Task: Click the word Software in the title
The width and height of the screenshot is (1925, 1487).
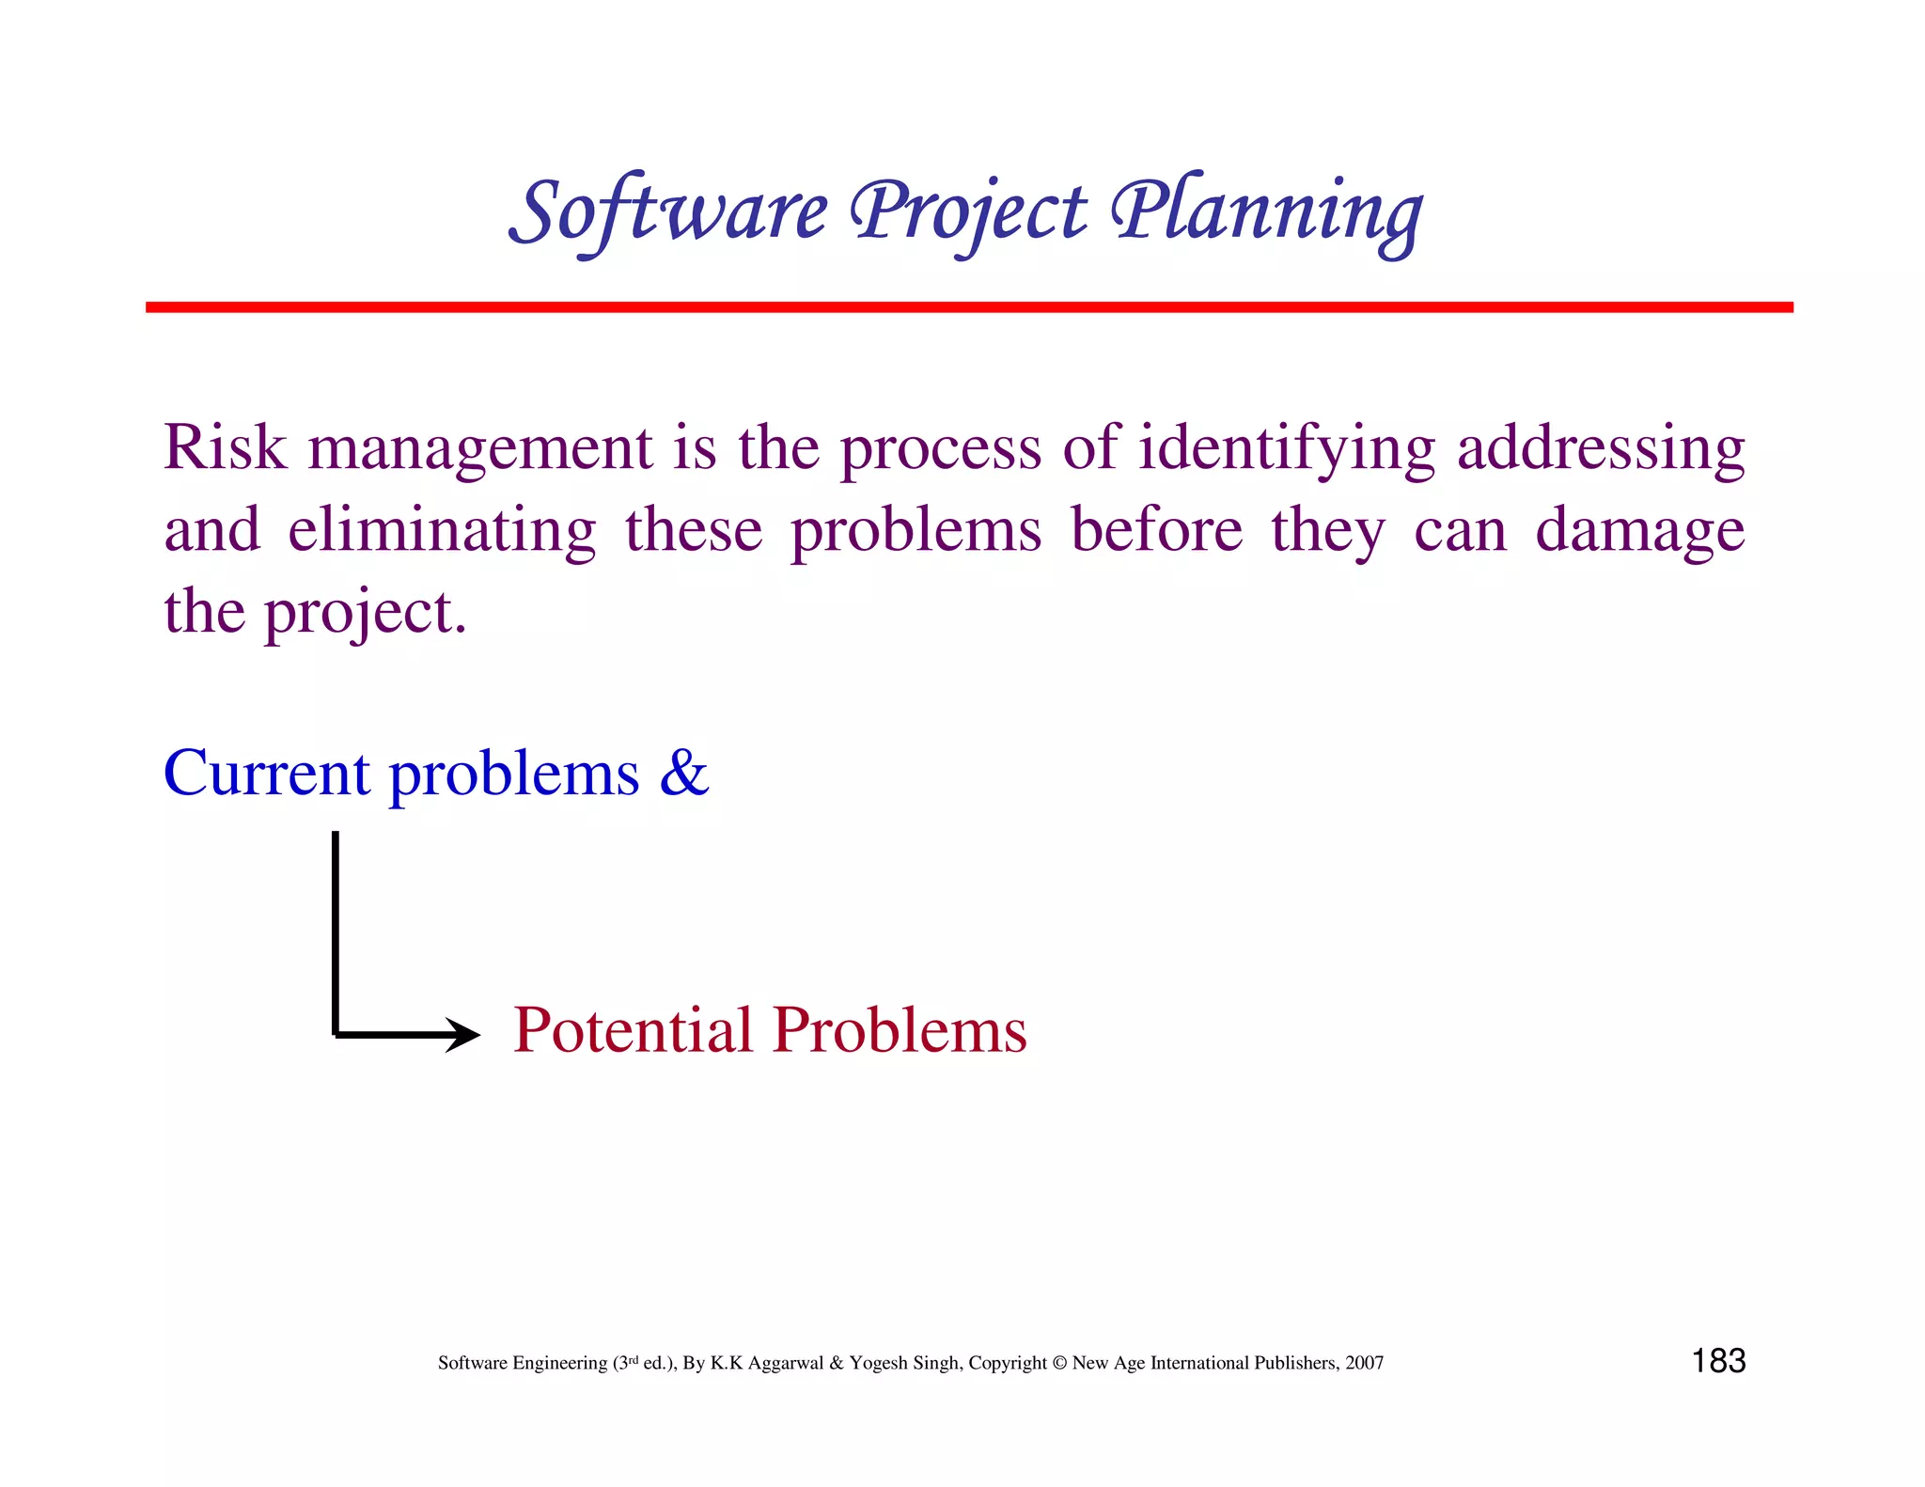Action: pos(669,212)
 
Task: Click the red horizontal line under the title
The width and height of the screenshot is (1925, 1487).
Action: pos(968,307)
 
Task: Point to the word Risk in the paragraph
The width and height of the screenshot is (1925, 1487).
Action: pos(225,447)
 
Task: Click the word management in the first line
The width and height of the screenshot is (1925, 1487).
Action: pos(479,449)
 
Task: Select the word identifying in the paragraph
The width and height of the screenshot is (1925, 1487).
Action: pos(1286,449)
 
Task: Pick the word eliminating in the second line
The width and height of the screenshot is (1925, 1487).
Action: pos(442,531)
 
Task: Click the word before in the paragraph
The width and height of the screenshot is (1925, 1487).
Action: pos(1156,531)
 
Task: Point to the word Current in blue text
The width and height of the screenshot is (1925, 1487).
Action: pos(267,775)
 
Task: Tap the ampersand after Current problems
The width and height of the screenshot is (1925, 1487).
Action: pos(683,775)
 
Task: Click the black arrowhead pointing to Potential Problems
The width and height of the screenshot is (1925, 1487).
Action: pos(463,1035)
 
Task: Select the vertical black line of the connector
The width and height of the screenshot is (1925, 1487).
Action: pos(336,931)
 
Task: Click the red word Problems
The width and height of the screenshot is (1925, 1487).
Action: pos(900,1030)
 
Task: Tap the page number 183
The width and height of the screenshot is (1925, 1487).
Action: pos(1718,1360)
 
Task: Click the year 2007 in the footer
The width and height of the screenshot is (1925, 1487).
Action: pos(1364,1363)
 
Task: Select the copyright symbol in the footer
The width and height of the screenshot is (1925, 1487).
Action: pos(1059,1363)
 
